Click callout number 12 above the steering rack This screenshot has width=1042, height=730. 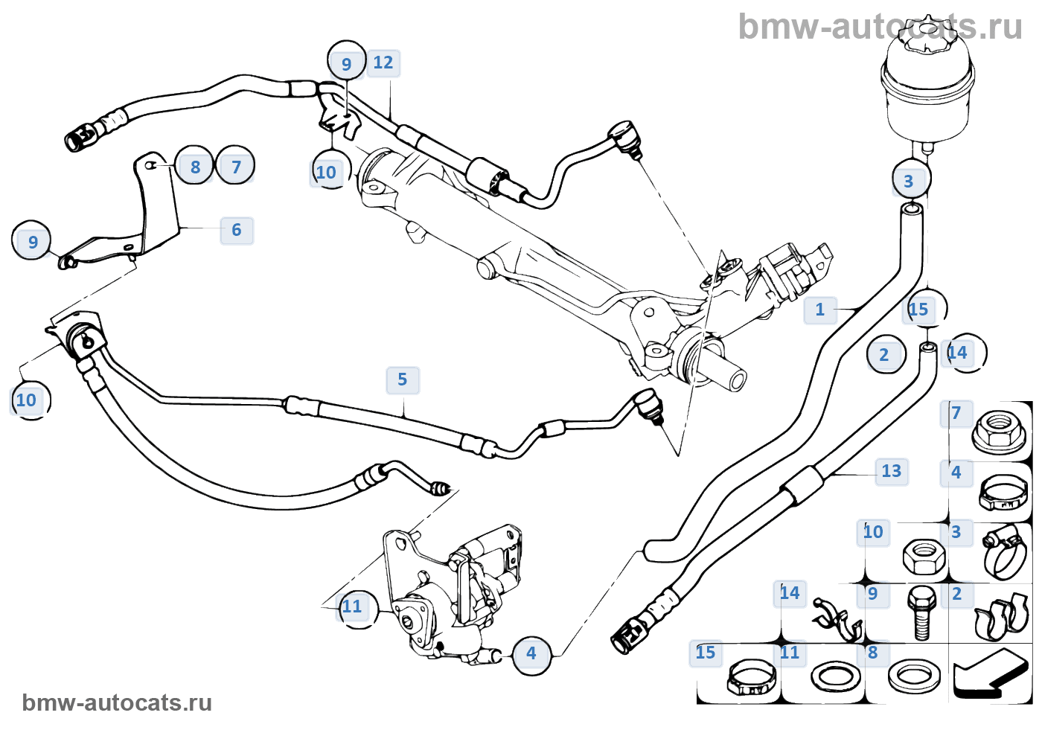pos(383,63)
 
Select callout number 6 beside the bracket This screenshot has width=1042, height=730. pos(237,230)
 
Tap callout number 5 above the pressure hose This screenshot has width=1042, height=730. pos(403,380)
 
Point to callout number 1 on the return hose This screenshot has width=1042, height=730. pos(820,310)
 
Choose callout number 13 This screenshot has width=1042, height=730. pos(891,471)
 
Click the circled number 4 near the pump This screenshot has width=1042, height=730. pos(531,654)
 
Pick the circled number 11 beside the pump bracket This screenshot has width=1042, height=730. pos(353,606)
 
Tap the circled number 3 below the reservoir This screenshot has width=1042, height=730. pos(909,181)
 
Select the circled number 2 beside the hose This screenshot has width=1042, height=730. pos(884,355)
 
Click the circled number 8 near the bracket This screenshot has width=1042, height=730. pos(195,167)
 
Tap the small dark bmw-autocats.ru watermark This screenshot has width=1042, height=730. pos(117,702)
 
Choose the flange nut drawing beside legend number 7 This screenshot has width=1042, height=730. pos(993,429)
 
